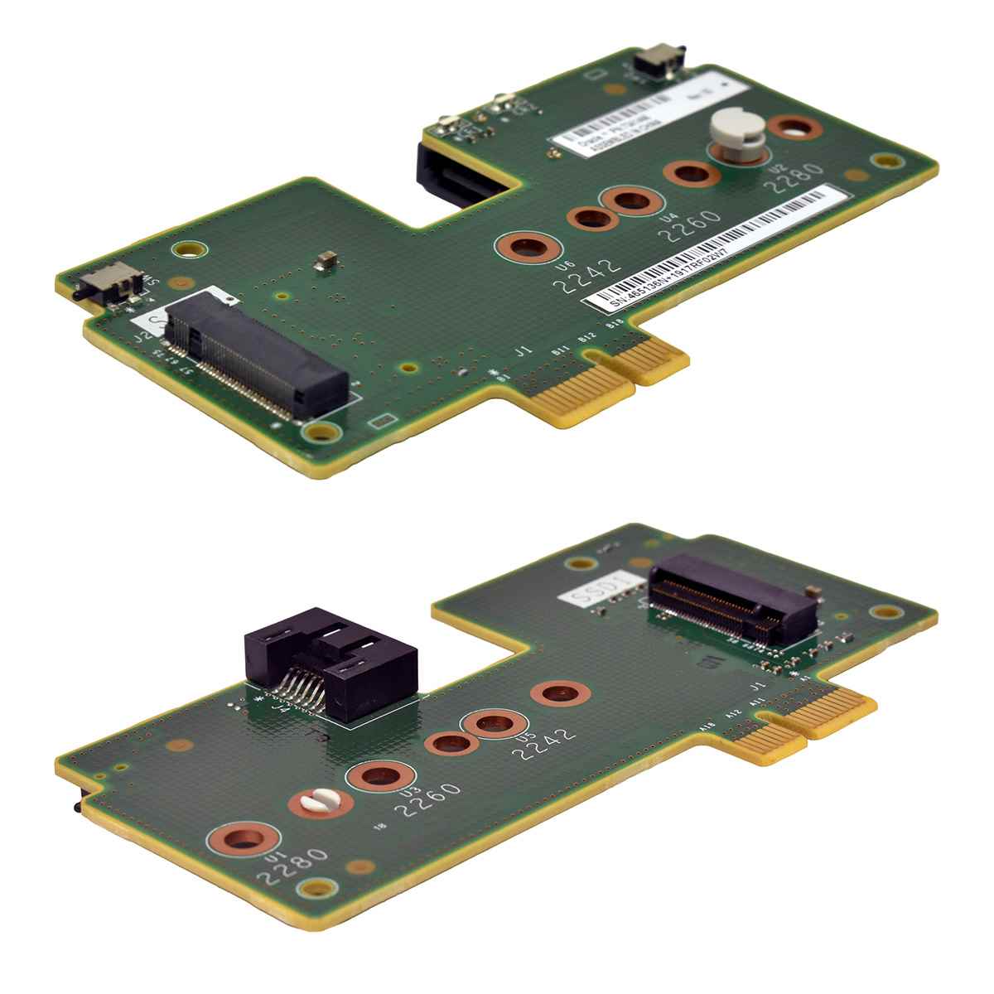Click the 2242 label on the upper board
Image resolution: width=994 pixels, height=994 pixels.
(x=586, y=275)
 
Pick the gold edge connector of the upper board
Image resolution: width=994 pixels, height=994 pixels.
(x=613, y=381)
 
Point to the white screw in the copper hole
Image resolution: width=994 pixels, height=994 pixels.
(x=320, y=802)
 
